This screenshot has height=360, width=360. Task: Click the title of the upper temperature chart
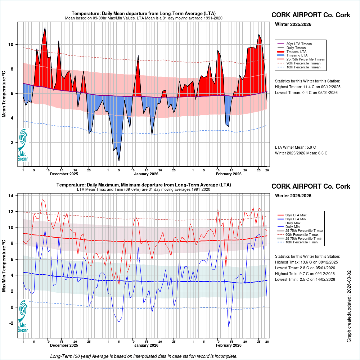pyautogui.click(x=144, y=14)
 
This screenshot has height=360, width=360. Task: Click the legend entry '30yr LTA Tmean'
pyautogui.click(x=299, y=44)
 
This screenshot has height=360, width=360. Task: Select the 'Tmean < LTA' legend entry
pyautogui.click(x=297, y=55)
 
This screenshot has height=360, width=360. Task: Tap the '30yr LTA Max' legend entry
pyautogui.click(x=297, y=215)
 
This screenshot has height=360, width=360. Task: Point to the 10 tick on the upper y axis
pyautogui.click(x=11, y=45)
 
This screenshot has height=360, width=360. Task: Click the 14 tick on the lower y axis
pyautogui.click(x=11, y=196)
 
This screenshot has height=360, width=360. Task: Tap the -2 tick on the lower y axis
pyautogui.click(x=11, y=323)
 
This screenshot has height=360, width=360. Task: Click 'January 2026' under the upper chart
pyautogui.click(x=147, y=174)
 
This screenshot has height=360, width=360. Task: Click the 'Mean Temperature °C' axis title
pyautogui.click(x=4, y=94)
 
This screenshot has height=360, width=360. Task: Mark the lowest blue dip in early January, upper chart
pyautogui.click(x=119, y=161)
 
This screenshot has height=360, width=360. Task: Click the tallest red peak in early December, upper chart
pyautogui.click(x=45, y=27)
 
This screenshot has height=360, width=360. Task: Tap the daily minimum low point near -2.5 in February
pyautogui.click(x=229, y=327)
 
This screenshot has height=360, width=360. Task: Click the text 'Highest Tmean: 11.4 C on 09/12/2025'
pyautogui.click(x=307, y=87)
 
